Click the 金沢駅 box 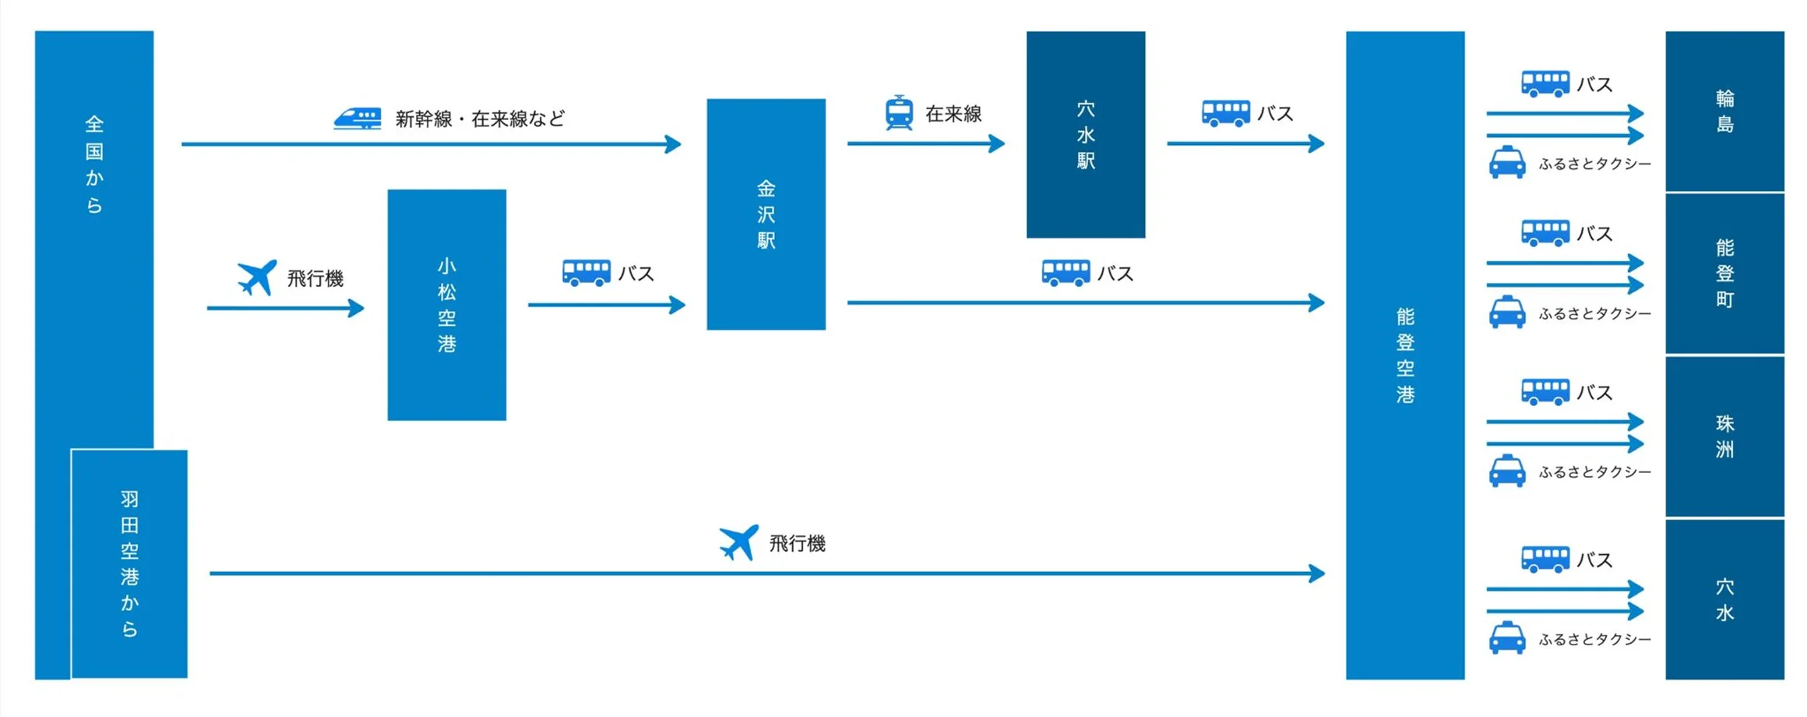pos(766,214)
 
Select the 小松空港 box pos(446,305)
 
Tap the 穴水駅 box pos(1085,134)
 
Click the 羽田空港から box pos(129,563)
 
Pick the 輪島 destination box pos(1724,111)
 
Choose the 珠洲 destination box pos(1724,436)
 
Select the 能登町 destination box pos(1724,273)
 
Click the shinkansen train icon pos(358,118)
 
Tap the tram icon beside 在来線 pos(899,113)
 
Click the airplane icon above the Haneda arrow pos(738,542)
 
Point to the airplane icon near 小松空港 pos(256,277)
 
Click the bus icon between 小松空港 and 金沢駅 pos(586,273)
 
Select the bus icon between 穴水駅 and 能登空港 pos(1225,113)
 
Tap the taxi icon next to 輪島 pos(1507,163)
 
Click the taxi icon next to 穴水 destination pos(1507,638)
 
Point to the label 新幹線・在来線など pos(480,118)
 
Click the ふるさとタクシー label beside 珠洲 pos(1594,472)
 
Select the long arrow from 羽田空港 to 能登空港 pos(766,574)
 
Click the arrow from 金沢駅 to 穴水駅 pos(925,143)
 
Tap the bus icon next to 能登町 pos(1545,232)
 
